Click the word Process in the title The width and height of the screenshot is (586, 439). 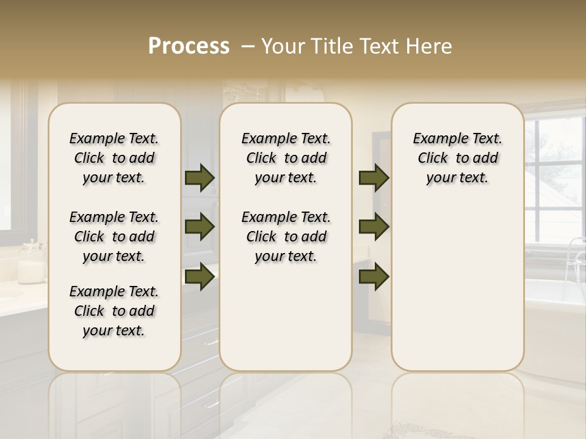tap(189, 46)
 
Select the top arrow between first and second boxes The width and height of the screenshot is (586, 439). tap(200, 177)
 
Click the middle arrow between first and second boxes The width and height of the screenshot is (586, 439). tap(200, 227)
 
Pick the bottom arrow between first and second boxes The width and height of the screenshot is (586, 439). tap(200, 277)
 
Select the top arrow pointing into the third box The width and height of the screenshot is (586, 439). tap(374, 177)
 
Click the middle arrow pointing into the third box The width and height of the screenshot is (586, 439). tap(374, 227)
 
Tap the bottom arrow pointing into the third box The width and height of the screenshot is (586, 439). tap(374, 277)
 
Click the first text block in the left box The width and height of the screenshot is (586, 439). tap(114, 158)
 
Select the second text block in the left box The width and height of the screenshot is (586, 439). tap(114, 237)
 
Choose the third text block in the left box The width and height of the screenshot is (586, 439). tap(114, 311)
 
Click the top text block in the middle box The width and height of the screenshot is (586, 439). tap(286, 158)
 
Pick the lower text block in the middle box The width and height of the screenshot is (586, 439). tap(286, 237)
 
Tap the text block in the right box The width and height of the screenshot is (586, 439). tap(457, 158)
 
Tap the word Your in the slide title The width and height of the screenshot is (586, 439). tap(283, 46)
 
